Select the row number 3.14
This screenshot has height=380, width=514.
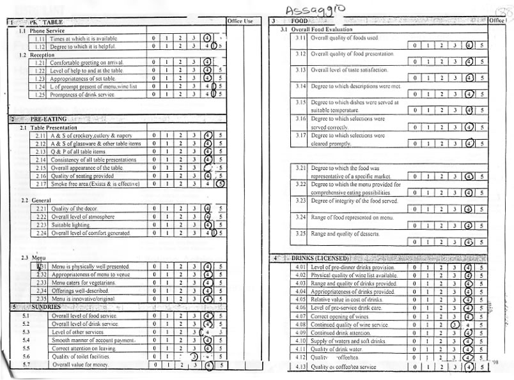[x=300, y=86]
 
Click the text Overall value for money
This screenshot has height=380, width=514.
[x=81, y=365]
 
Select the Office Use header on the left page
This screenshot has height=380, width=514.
[x=240, y=22]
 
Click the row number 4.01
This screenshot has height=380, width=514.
[x=302, y=267]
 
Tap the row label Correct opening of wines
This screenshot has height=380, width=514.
[x=341, y=317]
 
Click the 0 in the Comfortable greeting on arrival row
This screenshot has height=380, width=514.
[x=153, y=62]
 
